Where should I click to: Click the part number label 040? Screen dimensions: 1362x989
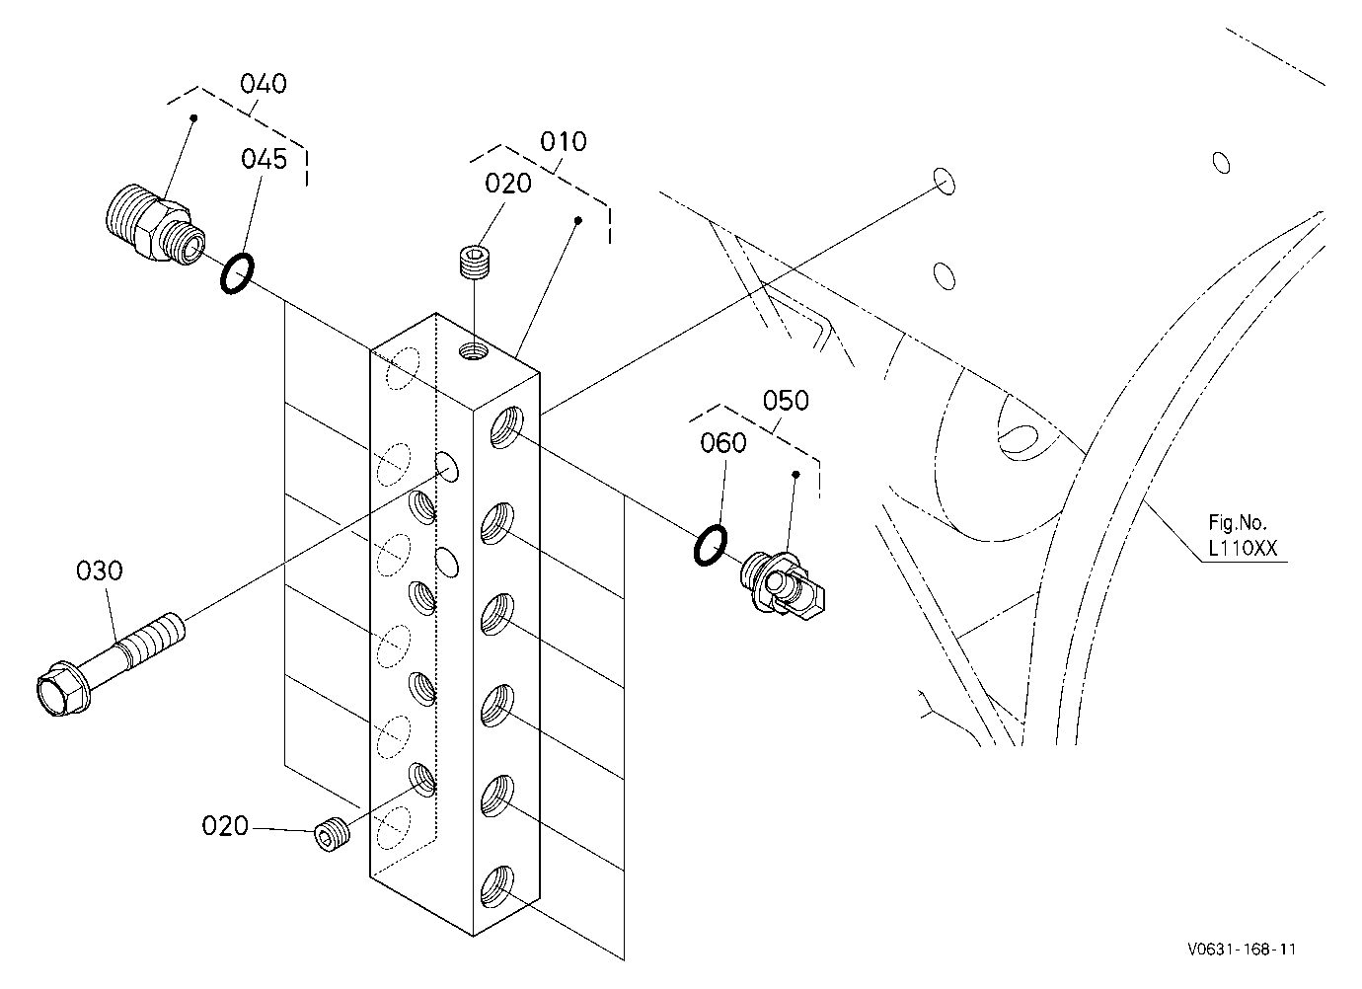pyautogui.click(x=264, y=84)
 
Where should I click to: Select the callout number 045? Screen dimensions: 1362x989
pyautogui.click(x=264, y=159)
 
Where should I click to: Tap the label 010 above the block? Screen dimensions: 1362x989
pyautogui.click(x=564, y=142)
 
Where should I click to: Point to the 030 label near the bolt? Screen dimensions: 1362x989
pyautogui.click(x=99, y=571)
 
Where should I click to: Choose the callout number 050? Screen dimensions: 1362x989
pyautogui.click(x=786, y=401)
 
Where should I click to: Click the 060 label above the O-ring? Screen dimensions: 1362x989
pyautogui.click(x=723, y=443)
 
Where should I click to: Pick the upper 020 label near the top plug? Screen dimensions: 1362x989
pyautogui.click(x=507, y=184)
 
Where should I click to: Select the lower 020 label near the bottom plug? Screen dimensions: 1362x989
pyautogui.click(x=225, y=826)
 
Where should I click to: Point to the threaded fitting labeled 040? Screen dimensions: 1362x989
pyautogui.click(x=154, y=223)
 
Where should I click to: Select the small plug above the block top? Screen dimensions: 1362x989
pyautogui.click(x=473, y=263)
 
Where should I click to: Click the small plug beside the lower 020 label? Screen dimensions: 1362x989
pyautogui.click(x=332, y=836)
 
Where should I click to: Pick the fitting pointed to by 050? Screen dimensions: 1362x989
pyautogui.click(x=782, y=585)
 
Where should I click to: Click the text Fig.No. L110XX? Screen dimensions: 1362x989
pyautogui.click(x=1243, y=536)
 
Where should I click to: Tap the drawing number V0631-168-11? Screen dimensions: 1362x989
pyautogui.click(x=1242, y=950)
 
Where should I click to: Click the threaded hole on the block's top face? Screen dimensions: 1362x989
pyautogui.click(x=473, y=351)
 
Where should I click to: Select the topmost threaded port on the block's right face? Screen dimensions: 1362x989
pyautogui.click(x=506, y=427)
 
